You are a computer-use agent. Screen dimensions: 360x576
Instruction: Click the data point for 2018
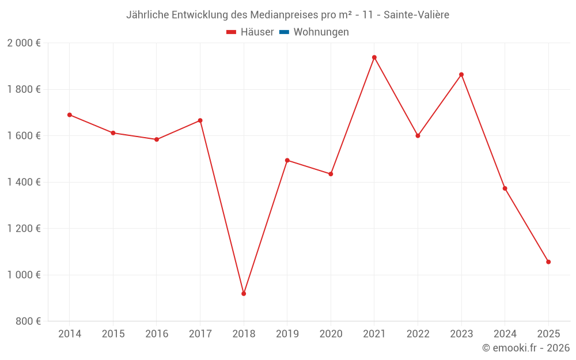tap(244, 294)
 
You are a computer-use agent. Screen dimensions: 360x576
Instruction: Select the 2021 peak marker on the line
tap(374, 58)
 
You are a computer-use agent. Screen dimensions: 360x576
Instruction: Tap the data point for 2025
tap(548, 262)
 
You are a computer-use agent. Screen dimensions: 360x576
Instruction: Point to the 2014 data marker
tap(70, 115)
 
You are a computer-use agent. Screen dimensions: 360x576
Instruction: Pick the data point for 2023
tap(461, 74)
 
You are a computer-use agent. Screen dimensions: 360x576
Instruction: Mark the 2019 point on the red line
tap(287, 160)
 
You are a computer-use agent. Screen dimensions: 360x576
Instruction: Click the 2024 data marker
tap(505, 188)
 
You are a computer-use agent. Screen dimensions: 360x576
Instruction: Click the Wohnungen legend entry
tap(321, 32)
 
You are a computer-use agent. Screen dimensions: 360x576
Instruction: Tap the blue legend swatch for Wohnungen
tap(284, 32)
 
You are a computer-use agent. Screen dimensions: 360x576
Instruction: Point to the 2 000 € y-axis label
tap(24, 43)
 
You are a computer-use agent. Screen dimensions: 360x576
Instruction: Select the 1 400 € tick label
tap(24, 182)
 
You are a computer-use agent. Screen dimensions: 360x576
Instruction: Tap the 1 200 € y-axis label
tap(24, 229)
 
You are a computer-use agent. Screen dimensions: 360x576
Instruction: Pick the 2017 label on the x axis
tap(200, 334)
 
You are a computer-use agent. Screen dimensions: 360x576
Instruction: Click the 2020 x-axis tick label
tap(331, 334)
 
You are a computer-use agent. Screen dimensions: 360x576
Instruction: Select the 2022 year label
tap(418, 334)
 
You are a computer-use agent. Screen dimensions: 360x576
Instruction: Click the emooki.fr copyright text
tap(526, 348)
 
